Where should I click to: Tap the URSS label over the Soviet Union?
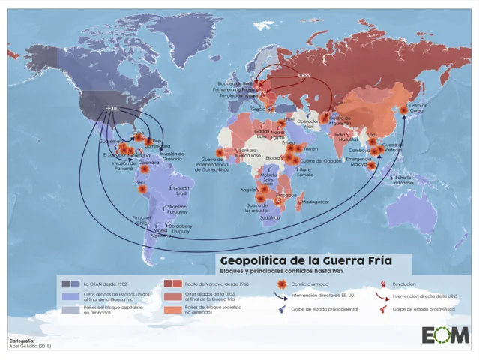(x=304, y=76)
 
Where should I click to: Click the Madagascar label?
(x=314, y=202)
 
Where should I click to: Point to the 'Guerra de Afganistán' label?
(x=340, y=120)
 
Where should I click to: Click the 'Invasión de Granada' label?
(x=172, y=155)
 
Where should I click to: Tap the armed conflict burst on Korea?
(x=403, y=110)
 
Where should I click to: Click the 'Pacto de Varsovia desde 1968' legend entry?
(x=216, y=284)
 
